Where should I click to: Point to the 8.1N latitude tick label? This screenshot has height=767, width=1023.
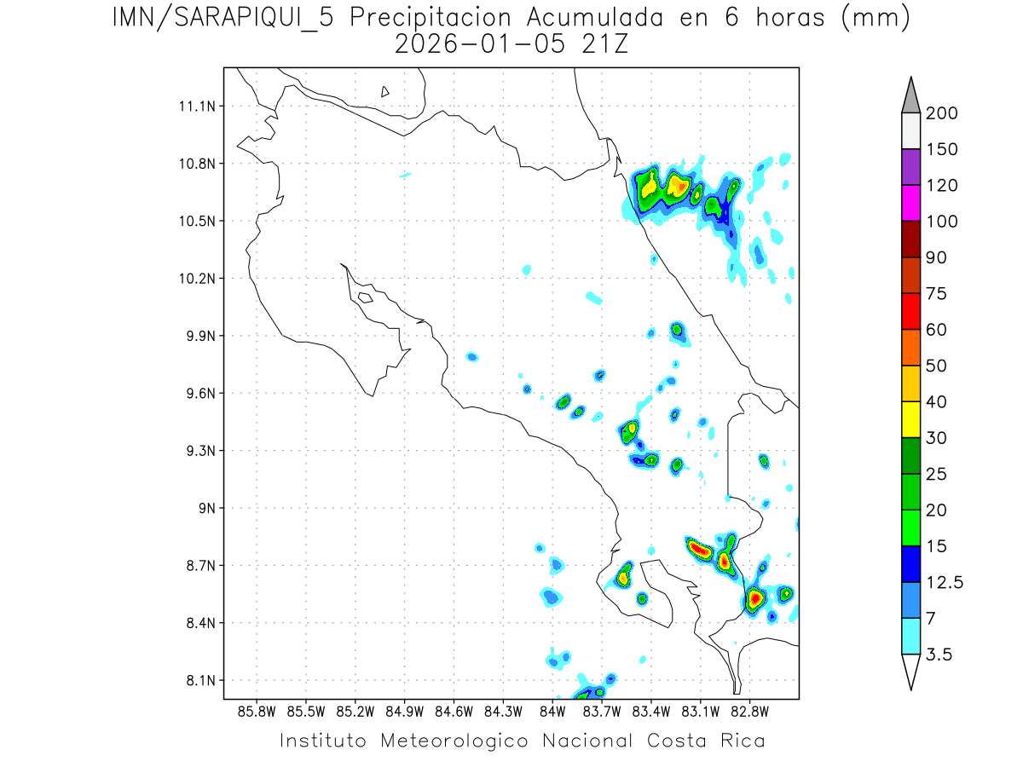pyautogui.click(x=202, y=681)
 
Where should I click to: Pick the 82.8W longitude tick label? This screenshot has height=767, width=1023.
pyautogui.click(x=749, y=711)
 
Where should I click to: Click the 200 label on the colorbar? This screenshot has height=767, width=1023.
pyautogui.click(x=941, y=113)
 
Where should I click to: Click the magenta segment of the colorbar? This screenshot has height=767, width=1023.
pyautogui.click(x=910, y=203)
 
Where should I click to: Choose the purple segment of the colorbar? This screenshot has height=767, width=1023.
pyautogui.click(x=910, y=167)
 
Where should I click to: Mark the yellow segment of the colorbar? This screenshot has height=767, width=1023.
pyautogui.click(x=910, y=419)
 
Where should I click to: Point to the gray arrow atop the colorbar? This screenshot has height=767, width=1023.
pyautogui.click(x=910, y=96)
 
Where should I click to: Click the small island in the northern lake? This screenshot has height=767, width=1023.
pyautogui.click(x=385, y=91)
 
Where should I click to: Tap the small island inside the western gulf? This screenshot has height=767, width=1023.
pyautogui.click(x=365, y=297)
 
